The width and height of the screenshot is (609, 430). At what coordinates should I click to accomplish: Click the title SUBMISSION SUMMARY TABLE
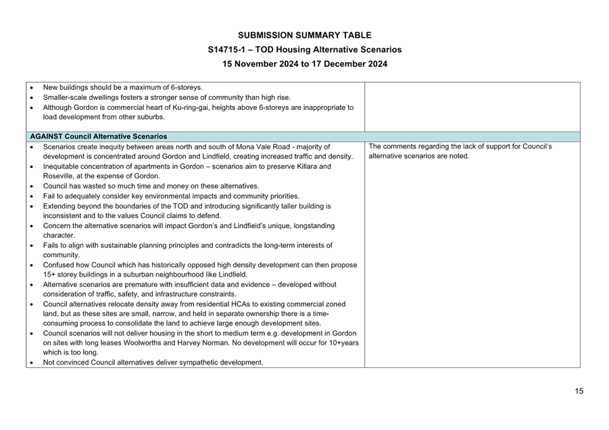pos(304,35)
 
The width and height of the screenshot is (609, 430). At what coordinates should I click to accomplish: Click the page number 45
pos(579,391)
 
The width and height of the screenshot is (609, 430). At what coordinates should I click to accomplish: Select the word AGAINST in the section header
pos(45,136)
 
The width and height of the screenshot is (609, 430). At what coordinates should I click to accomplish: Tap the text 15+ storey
pos(62,275)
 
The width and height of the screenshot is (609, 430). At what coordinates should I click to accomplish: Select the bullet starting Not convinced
pos(152,362)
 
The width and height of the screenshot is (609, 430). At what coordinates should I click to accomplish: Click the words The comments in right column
pos(391,146)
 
